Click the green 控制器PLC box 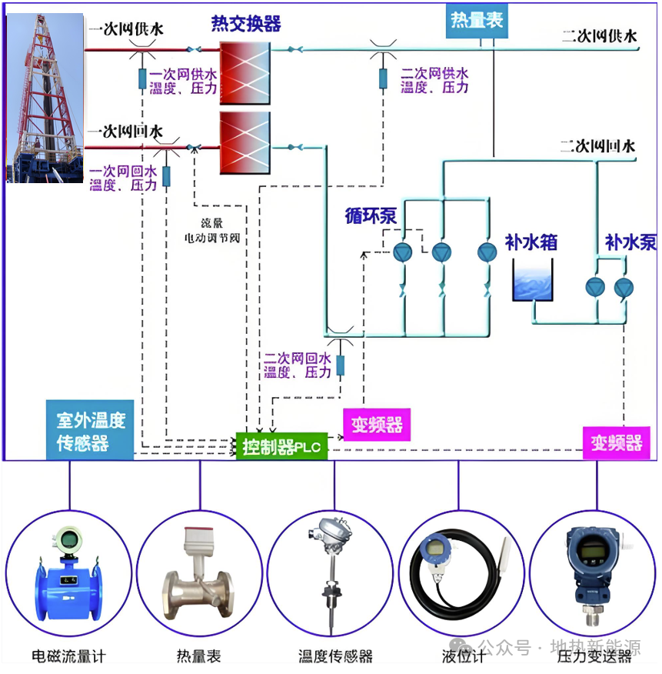coord(282,447)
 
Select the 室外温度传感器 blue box coord(91,432)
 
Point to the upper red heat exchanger coord(245,72)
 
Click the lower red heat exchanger coord(245,143)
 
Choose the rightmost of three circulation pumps coord(487,252)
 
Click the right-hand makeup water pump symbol coord(621,287)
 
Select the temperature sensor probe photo coord(333,573)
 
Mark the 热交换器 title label coord(246,24)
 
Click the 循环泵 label coord(371,216)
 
